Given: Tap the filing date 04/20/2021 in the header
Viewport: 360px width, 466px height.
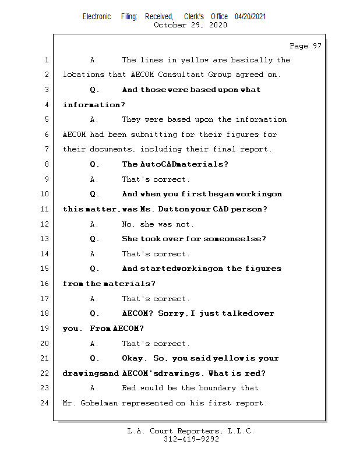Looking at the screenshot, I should pos(250,17).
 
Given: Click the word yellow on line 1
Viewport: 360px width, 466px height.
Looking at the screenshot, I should pos(195,60).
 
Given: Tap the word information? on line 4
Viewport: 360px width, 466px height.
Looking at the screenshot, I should pos(94,105).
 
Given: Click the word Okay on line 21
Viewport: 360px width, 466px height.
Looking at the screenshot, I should pos(133,358).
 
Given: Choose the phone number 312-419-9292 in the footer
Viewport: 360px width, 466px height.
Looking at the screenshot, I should pos(191,440).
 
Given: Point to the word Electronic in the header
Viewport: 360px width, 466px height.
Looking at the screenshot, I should pos(97,17).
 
